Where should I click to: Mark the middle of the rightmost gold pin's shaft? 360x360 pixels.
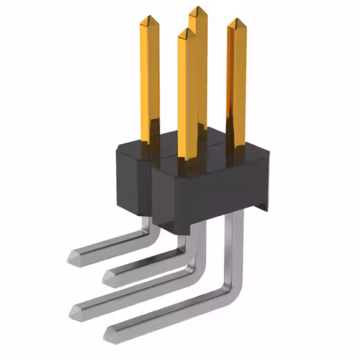236,84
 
